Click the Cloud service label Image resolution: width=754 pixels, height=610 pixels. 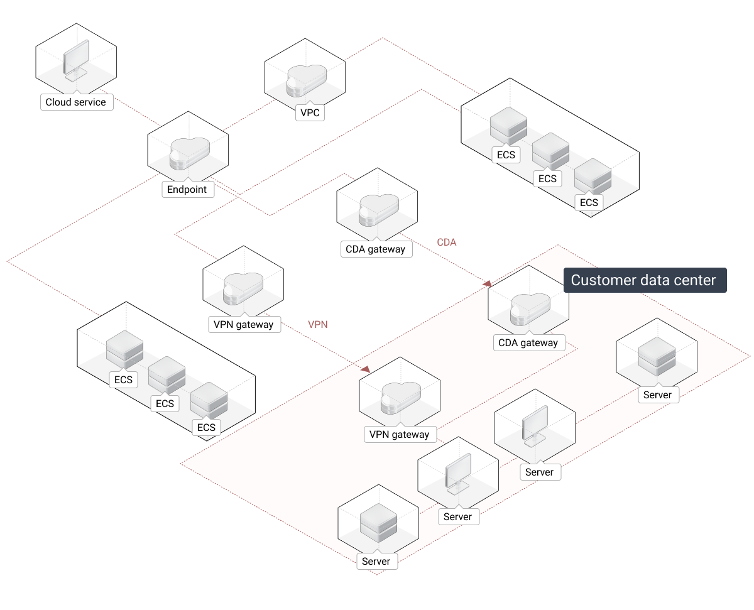click(75, 102)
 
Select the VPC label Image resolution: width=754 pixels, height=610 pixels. click(310, 113)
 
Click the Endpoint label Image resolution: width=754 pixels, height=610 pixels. click(187, 189)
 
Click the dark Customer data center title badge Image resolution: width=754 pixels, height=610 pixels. click(644, 280)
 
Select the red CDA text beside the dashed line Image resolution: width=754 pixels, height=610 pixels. click(447, 242)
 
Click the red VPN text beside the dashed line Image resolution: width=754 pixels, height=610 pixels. click(318, 324)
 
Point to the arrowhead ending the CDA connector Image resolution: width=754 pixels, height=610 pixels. click(488, 284)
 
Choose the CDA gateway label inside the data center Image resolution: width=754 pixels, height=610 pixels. click(528, 342)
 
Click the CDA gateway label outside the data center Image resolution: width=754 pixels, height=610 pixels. click(375, 249)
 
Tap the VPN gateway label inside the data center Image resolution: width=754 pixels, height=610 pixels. click(399, 434)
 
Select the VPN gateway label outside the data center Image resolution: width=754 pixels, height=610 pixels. click(243, 324)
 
